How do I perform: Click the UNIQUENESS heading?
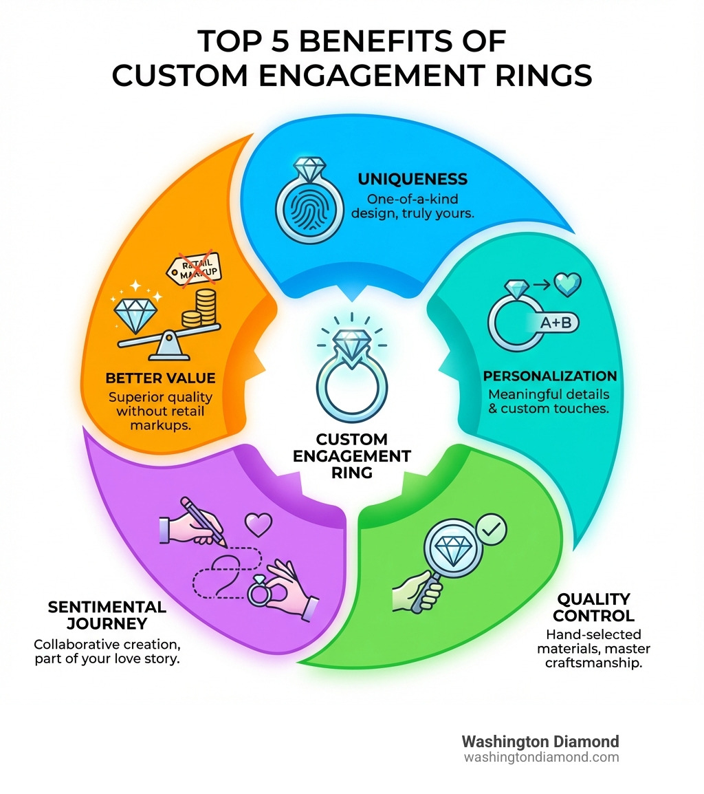click(x=412, y=180)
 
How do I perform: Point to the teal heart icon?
click(x=567, y=284)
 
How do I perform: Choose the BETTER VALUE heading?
click(x=160, y=378)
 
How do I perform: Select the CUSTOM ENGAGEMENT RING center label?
click(x=351, y=455)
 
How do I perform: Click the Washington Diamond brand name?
click(x=540, y=742)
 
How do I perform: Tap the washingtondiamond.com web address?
click(x=541, y=758)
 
